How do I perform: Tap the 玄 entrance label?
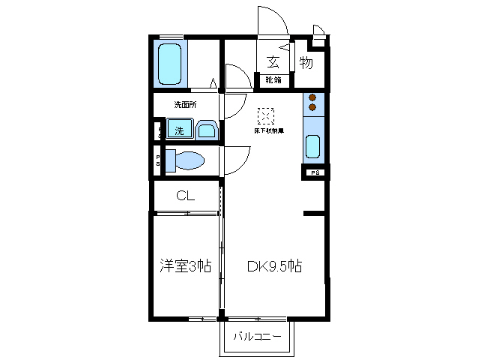(x=273, y=62)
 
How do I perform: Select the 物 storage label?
(x=306, y=62)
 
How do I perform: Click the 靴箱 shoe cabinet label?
(x=273, y=79)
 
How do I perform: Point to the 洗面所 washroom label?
(x=185, y=104)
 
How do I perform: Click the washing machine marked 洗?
(x=179, y=130)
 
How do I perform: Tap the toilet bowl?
(x=186, y=160)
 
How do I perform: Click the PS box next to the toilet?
(x=158, y=160)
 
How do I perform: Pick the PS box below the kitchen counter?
(x=314, y=172)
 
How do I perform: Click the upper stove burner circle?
(x=313, y=97)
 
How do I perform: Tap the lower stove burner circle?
(x=313, y=109)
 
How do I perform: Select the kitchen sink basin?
(x=313, y=145)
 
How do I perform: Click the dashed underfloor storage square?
(x=266, y=116)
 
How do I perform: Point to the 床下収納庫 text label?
(x=266, y=131)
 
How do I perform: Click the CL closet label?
(x=186, y=196)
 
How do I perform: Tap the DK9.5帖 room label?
(x=275, y=266)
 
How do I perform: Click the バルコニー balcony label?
(x=257, y=336)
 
